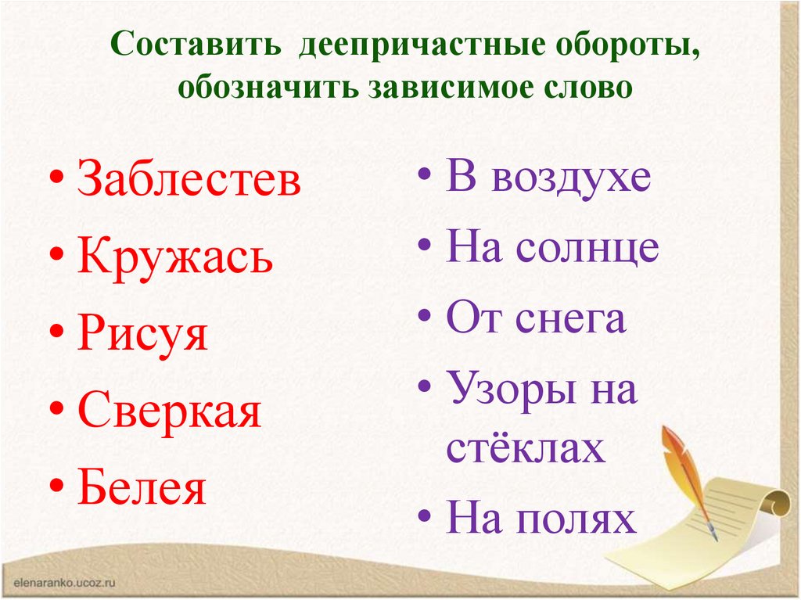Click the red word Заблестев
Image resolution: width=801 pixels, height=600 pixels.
[x=189, y=181]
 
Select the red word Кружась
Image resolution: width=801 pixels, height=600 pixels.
[x=175, y=257]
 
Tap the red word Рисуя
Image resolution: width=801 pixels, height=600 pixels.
[x=142, y=335]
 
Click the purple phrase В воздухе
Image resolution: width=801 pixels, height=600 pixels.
[x=548, y=178]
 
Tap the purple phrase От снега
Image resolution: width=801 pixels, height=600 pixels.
[x=536, y=318]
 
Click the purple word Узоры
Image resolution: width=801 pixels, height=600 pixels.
[x=506, y=390]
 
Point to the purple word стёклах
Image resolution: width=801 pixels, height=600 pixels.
[x=525, y=449]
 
